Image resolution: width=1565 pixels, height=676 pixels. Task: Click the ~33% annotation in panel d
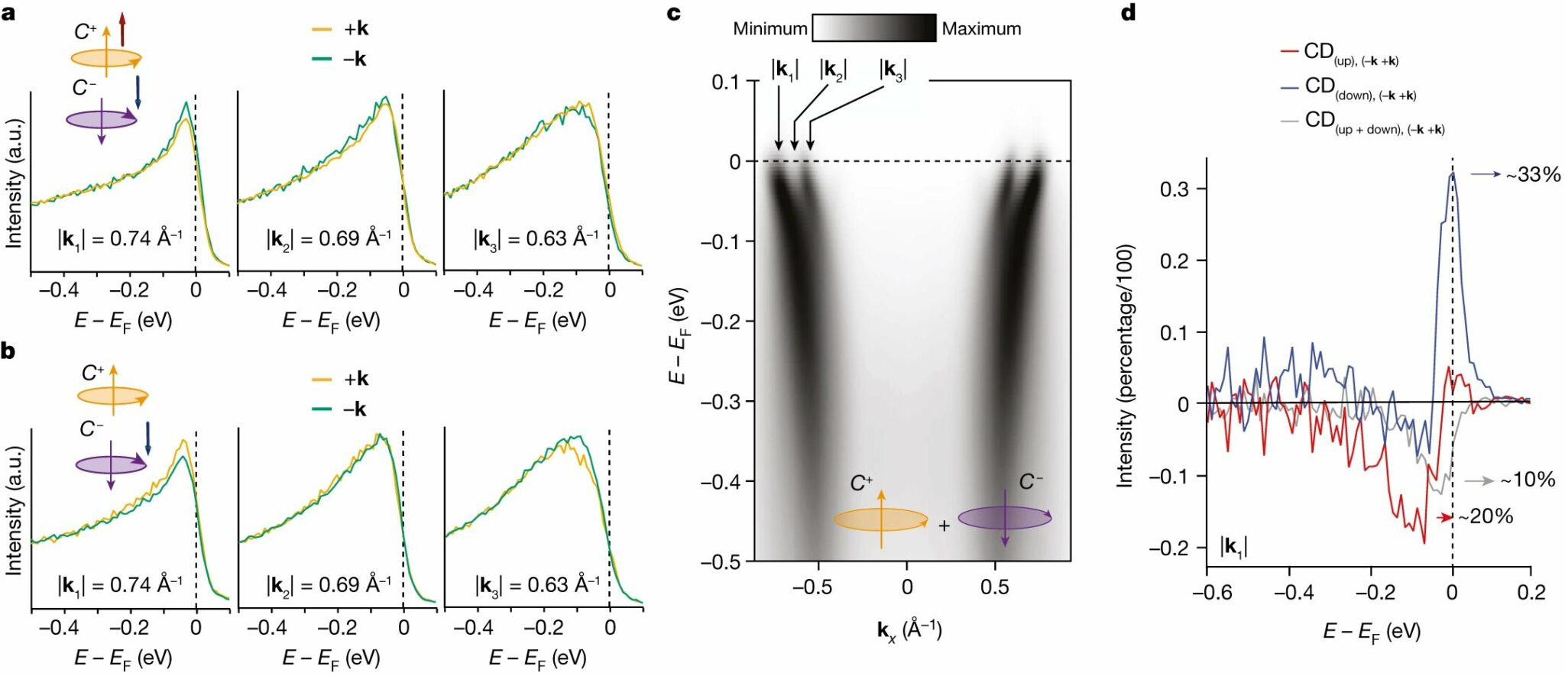click(1532, 175)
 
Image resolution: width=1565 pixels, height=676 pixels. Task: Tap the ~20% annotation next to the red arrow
click(1485, 517)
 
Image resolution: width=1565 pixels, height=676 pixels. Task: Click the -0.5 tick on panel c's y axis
click(720, 561)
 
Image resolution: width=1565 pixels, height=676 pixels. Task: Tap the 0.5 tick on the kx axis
click(995, 587)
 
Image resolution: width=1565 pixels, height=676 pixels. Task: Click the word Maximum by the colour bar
click(980, 29)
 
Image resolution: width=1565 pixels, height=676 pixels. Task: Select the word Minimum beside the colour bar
click(770, 29)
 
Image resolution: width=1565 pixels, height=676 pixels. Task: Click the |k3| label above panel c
click(892, 70)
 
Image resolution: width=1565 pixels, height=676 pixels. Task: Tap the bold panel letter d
click(1128, 12)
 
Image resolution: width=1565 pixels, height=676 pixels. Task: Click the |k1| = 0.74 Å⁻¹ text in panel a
click(119, 239)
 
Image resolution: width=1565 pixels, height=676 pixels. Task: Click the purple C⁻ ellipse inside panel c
click(1004, 518)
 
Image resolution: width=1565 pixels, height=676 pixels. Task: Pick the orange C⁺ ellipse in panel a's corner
click(106, 58)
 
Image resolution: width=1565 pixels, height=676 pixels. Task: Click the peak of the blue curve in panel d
click(1452, 174)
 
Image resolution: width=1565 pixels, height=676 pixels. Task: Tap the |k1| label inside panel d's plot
click(1233, 547)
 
